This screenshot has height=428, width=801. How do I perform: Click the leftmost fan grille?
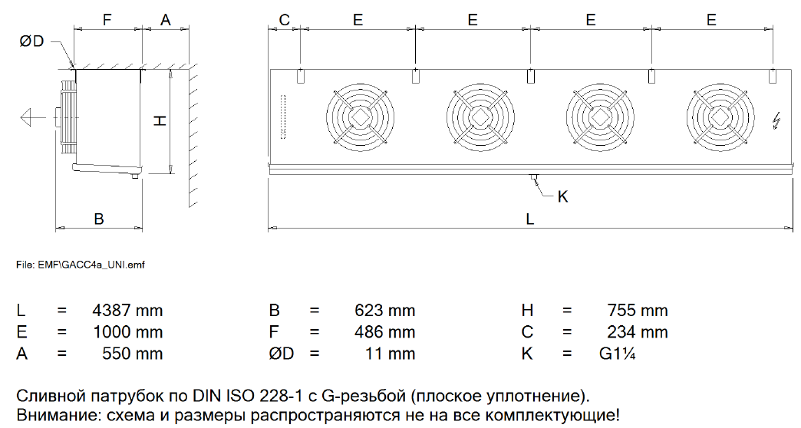pos(360,117)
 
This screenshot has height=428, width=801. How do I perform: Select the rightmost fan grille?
pos(720,117)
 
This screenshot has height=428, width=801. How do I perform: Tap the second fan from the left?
pos(480,117)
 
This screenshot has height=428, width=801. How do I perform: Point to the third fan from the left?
pos(600,117)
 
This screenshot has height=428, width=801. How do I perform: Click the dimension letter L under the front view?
pos(529,219)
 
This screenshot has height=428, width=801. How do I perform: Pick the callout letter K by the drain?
pos(562,196)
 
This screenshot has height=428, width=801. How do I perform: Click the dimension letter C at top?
pos(285,20)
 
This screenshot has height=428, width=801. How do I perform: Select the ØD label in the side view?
pos(31,41)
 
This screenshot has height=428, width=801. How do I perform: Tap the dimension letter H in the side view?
pos(160,120)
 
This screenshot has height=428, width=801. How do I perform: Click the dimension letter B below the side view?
pos(99,219)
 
